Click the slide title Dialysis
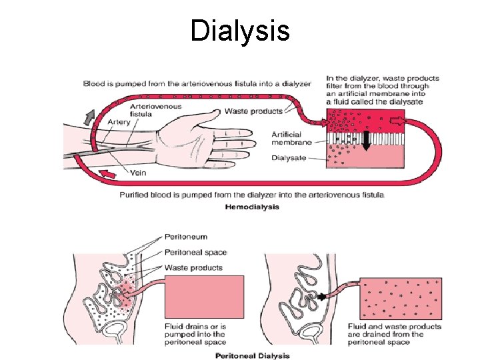239,31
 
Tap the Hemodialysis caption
253,207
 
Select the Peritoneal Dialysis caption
253,355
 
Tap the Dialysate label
290,158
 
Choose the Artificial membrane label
291,139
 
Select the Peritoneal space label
195,252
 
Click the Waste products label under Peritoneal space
193,267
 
